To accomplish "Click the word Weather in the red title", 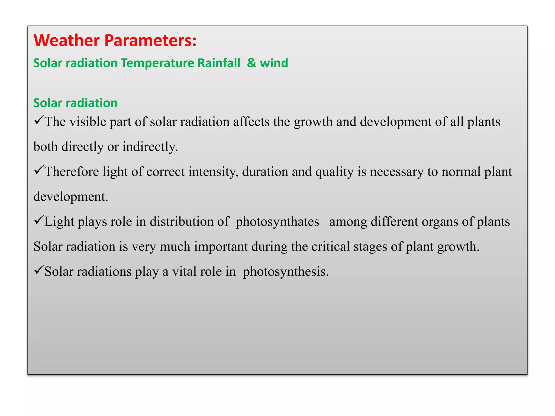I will [x=67, y=40].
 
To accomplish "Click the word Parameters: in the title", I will [x=150, y=40].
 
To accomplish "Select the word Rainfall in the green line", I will [x=218, y=63].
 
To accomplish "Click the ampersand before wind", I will [x=251, y=63].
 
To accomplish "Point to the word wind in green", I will [x=274, y=63].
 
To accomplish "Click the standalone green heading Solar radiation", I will [x=75, y=103].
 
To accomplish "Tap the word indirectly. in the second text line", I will [x=150, y=147].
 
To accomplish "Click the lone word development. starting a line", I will [x=71, y=197].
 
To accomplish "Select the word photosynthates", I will [x=277, y=222].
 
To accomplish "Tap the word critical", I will [x=330, y=247].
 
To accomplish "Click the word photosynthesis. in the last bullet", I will [x=286, y=272].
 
